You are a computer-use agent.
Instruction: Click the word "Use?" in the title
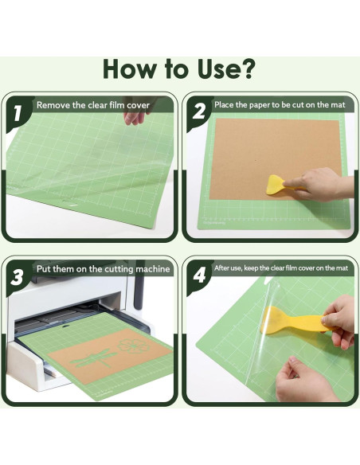218,69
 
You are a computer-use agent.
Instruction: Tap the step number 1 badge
18,113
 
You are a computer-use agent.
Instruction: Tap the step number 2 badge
198,113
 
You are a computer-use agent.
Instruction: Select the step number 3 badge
18,277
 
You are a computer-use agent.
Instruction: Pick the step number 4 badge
198,277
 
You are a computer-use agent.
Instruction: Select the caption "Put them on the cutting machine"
103,269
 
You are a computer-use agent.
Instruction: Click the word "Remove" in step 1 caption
55,104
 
